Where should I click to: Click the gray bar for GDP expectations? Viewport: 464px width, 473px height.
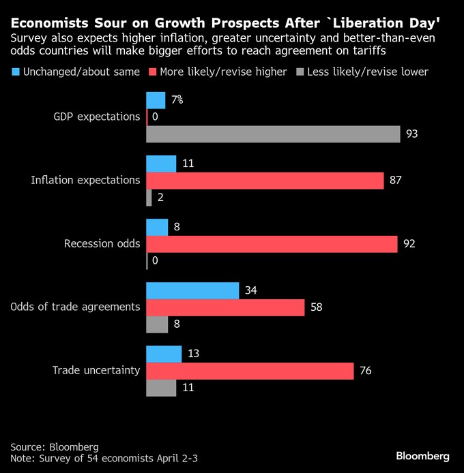[273, 134]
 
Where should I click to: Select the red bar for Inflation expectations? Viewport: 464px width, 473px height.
[265, 180]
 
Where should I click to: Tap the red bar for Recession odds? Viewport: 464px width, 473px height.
[272, 244]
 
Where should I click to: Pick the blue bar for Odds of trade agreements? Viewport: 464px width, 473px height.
[192, 291]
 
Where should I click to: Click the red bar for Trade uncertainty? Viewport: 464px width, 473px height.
[250, 371]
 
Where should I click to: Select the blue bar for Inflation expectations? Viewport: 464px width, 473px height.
[161, 164]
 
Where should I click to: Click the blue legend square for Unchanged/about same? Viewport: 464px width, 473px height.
[15, 72]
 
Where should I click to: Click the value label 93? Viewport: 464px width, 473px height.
[411, 134]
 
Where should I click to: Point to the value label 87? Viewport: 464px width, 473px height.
[395, 180]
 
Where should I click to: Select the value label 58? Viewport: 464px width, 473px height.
[316, 307]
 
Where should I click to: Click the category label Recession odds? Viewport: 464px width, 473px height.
[102, 243]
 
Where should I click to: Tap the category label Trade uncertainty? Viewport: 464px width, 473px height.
[96, 371]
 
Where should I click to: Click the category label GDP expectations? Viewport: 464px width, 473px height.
[96, 117]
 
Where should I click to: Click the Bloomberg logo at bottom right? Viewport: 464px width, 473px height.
[423, 455]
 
